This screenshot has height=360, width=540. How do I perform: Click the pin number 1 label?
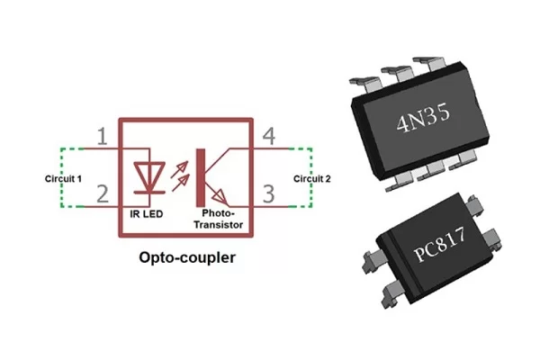tap(103, 137)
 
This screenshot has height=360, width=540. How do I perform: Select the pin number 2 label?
tap(103, 192)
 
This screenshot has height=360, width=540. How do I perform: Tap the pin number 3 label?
tap(268, 193)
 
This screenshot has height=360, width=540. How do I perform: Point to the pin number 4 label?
tap(267, 137)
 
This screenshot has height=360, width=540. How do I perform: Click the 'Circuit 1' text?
tap(64, 178)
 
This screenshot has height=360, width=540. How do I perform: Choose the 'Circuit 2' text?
tap(312, 178)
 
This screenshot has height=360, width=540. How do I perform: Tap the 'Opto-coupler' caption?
tap(187, 257)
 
